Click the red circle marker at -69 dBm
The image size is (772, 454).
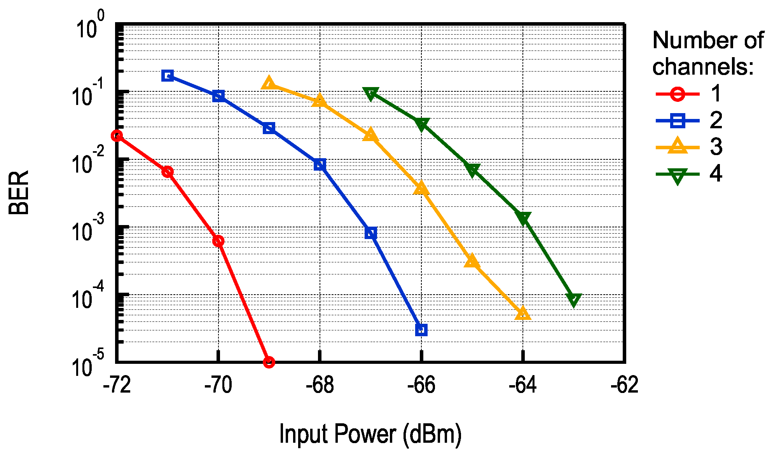tap(269, 362)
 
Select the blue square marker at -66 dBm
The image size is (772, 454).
tap(421, 330)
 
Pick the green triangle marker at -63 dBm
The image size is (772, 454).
tap(574, 299)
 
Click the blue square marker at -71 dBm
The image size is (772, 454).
tap(168, 75)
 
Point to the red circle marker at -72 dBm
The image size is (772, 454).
tap(117, 136)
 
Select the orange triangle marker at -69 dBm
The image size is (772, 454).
tap(269, 83)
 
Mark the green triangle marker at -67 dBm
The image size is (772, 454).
tap(371, 93)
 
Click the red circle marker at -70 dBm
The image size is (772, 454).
tap(218, 241)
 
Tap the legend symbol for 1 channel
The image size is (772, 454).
tap(677, 94)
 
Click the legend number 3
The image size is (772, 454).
tap(716, 147)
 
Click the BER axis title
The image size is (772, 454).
tap(19, 193)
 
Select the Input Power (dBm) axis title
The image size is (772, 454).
tap(370, 434)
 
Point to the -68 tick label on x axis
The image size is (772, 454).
tap(320, 385)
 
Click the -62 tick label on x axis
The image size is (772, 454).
tap(624, 385)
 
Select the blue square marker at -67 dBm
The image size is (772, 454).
tap(371, 233)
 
